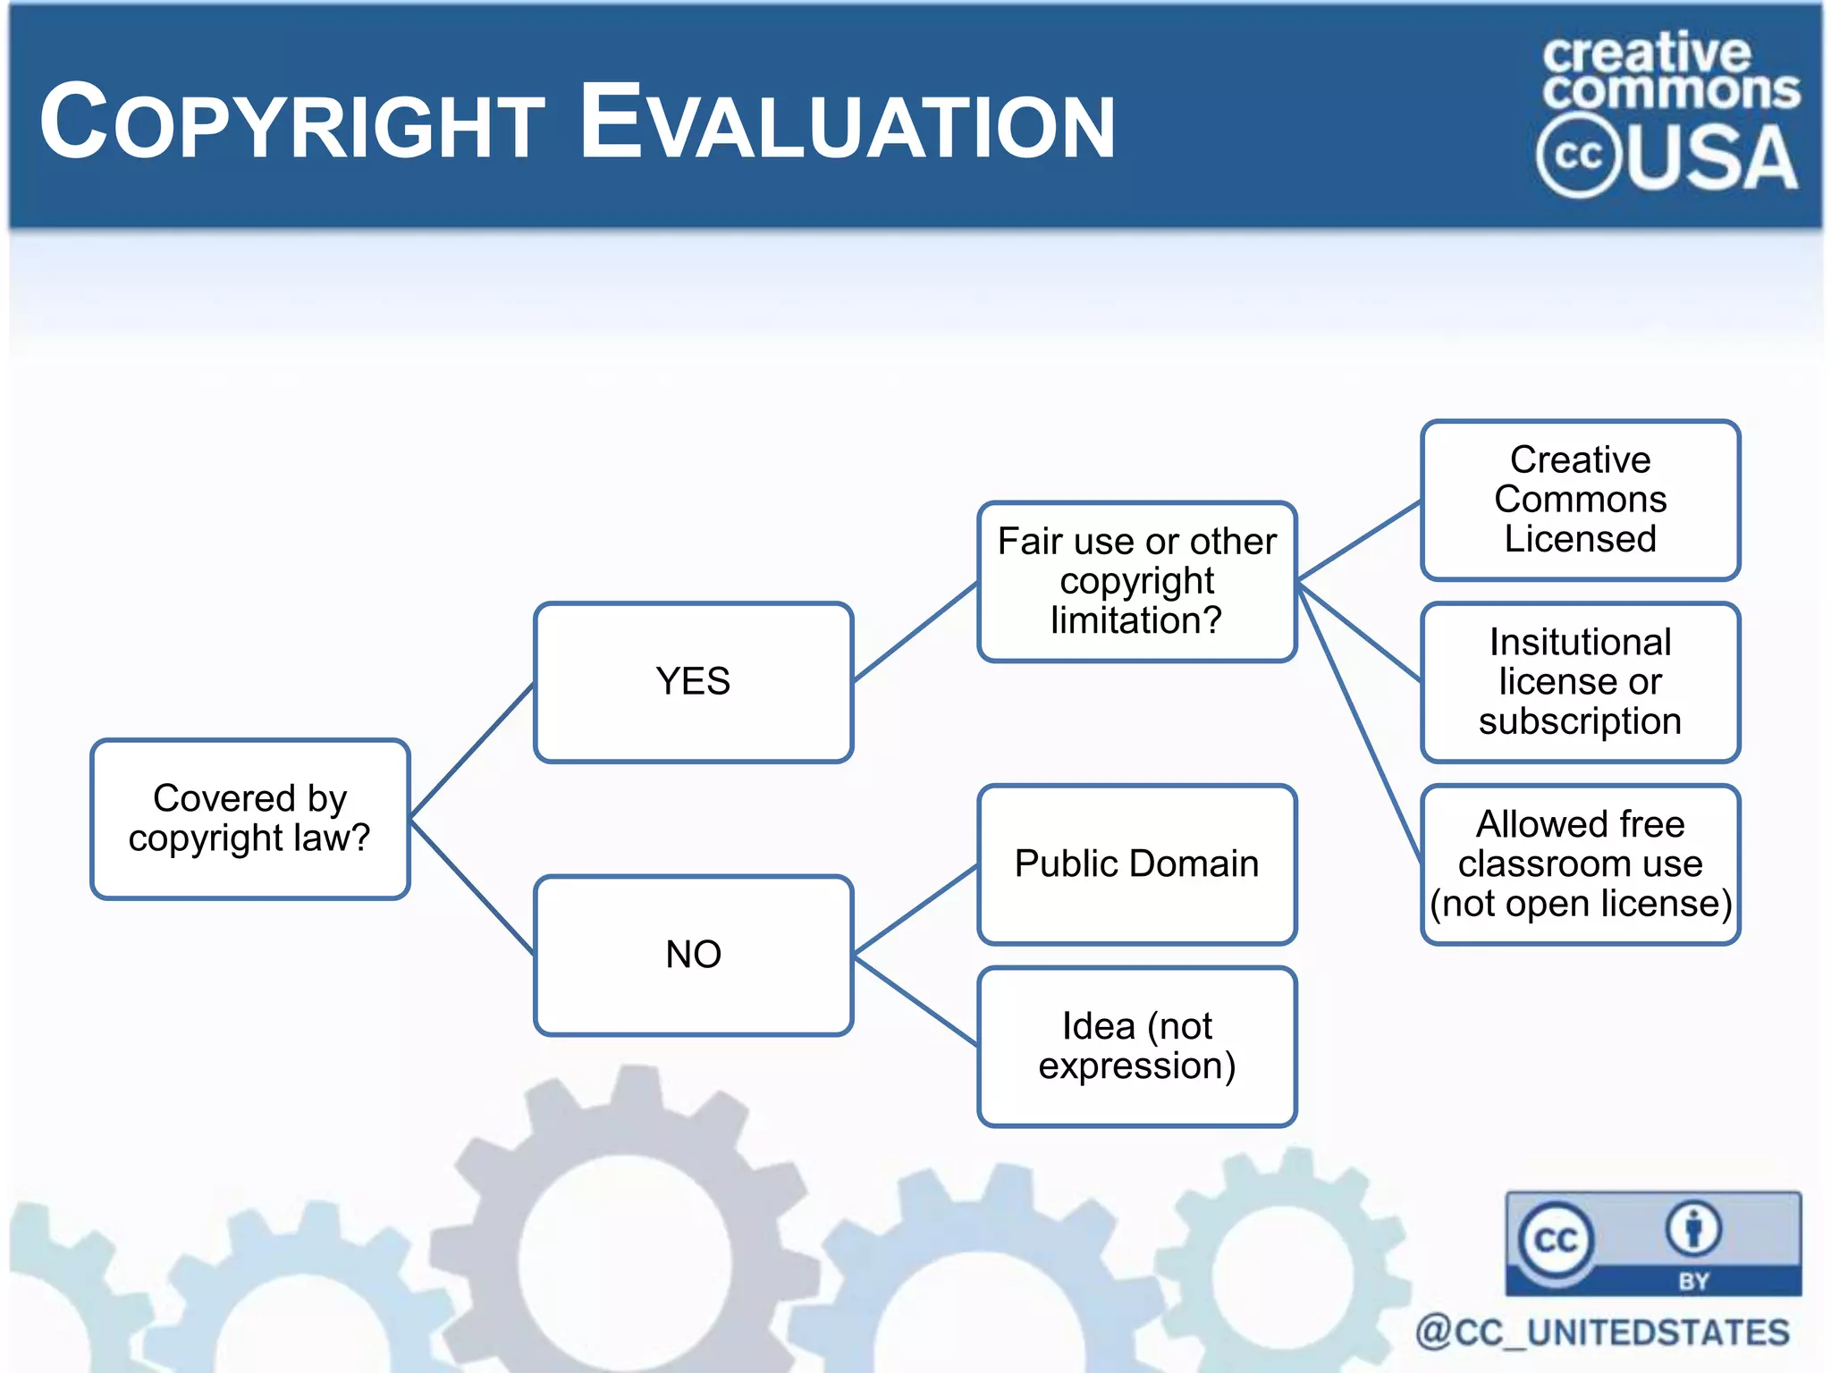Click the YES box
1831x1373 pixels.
(x=693, y=682)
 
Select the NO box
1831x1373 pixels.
(x=693, y=955)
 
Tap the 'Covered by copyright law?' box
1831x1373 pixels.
(x=249, y=819)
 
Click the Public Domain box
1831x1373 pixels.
(x=1136, y=864)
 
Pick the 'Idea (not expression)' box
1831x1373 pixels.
(x=1136, y=1046)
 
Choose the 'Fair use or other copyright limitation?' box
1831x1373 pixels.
(x=1136, y=581)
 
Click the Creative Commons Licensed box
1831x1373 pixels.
(x=1580, y=500)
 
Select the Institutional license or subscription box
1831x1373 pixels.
(x=1580, y=682)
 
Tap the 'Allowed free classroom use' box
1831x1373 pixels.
(x=1580, y=864)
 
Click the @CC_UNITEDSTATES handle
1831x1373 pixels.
(x=1602, y=1332)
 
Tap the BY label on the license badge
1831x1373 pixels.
(x=1693, y=1281)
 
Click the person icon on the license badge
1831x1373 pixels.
(x=1693, y=1229)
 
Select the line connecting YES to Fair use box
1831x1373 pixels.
(x=915, y=632)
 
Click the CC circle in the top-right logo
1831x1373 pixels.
(x=1579, y=156)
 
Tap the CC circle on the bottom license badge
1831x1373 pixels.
(x=1556, y=1240)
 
